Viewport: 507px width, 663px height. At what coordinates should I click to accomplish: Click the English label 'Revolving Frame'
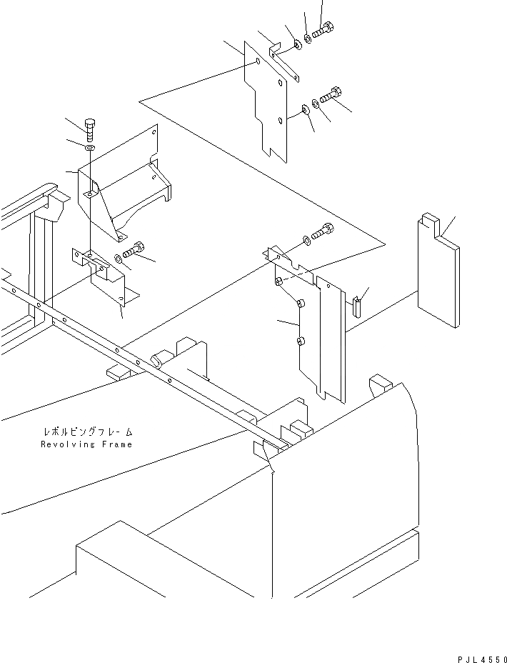(x=86, y=444)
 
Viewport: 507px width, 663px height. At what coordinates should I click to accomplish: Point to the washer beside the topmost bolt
(x=308, y=38)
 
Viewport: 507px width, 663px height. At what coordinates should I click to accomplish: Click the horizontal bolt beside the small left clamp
(x=134, y=251)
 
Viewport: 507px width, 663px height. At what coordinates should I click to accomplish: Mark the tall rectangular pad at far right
(x=438, y=271)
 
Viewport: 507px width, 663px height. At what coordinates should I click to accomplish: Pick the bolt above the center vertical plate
(x=322, y=231)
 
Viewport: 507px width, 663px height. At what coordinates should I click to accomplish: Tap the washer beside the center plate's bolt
(x=306, y=239)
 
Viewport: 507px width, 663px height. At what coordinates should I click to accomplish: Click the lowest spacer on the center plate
(x=300, y=342)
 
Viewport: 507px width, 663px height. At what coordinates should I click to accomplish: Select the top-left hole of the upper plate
(x=256, y=62)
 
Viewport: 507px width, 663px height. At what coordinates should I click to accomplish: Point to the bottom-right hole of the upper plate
(x=281, y=121)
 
